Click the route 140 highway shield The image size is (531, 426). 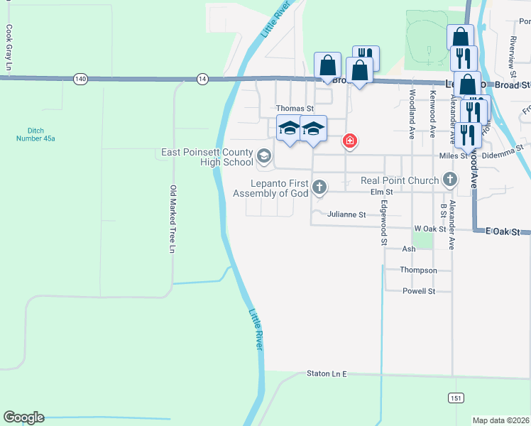(x=80, y=79)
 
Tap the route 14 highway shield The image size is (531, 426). (x=203, y=79)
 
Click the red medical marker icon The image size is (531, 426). (x=349, y=141)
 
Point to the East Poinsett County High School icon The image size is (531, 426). (x=264, y=156)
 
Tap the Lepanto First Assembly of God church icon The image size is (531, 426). (x=319, y=187)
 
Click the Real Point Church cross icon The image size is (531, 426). (x=449, y=180)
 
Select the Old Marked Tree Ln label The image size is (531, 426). (x=172, y=219)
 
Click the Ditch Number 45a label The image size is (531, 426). (x=36, y=134)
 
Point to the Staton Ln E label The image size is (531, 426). (x=327, y=373)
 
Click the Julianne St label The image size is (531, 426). (x=346, y=214)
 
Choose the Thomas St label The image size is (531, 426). (x=295, y=108)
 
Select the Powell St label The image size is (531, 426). (x=419, y=291)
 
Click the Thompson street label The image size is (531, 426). (x=419, y=271)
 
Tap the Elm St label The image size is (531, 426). (x=381, y=192)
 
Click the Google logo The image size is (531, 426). (x=23, y=417)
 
